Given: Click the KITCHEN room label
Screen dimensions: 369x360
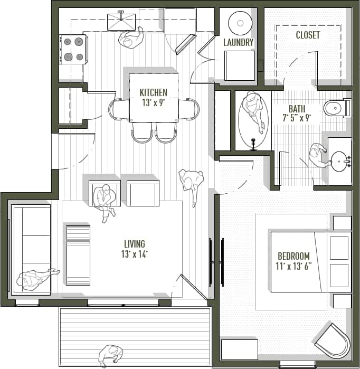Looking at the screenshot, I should [153, 92].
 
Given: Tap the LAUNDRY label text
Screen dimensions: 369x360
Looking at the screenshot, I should [238, 42].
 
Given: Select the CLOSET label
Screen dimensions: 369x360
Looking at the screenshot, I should [308, 35].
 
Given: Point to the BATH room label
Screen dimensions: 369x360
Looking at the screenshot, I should [297, 109].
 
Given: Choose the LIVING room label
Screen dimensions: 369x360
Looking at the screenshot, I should [134, 244].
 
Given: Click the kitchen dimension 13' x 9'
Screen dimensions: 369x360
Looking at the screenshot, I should [153, 102].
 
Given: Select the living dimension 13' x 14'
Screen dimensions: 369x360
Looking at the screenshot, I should [134, 254].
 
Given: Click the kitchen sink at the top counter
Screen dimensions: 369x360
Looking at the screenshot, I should [121, 21].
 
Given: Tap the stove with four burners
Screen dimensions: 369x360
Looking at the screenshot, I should [73, 49].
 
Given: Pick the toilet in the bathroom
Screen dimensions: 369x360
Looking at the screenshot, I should [336, 109].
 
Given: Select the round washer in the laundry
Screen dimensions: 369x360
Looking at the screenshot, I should [240, 23].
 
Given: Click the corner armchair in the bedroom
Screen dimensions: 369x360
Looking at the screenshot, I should [331, 340].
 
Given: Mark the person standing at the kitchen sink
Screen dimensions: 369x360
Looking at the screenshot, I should [130, 38].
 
